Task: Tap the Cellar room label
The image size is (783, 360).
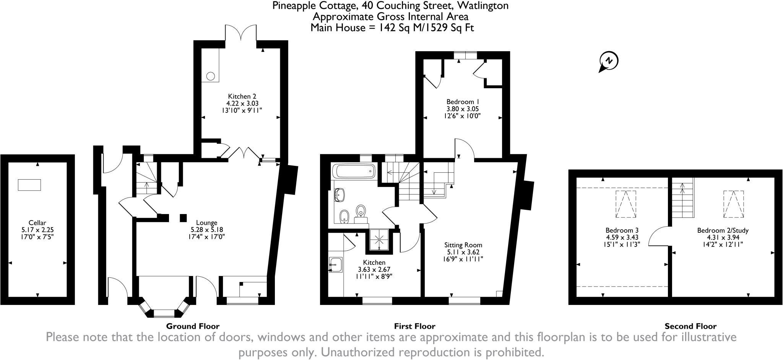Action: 37,223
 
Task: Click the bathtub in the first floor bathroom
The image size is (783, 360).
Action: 354,171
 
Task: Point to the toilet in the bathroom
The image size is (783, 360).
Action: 361,211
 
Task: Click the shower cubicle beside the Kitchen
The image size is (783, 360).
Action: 380,240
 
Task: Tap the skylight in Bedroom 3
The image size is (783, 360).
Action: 626,204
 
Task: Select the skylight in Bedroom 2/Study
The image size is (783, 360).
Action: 733,204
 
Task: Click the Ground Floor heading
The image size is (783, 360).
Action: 193,326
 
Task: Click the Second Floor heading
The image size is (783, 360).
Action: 690,326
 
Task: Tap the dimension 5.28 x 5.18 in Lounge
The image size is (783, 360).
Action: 207,230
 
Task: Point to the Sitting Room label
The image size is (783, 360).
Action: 463,245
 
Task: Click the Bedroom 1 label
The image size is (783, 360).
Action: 463,102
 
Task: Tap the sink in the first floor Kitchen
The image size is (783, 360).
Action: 335,264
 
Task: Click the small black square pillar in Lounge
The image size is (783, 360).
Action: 184,217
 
